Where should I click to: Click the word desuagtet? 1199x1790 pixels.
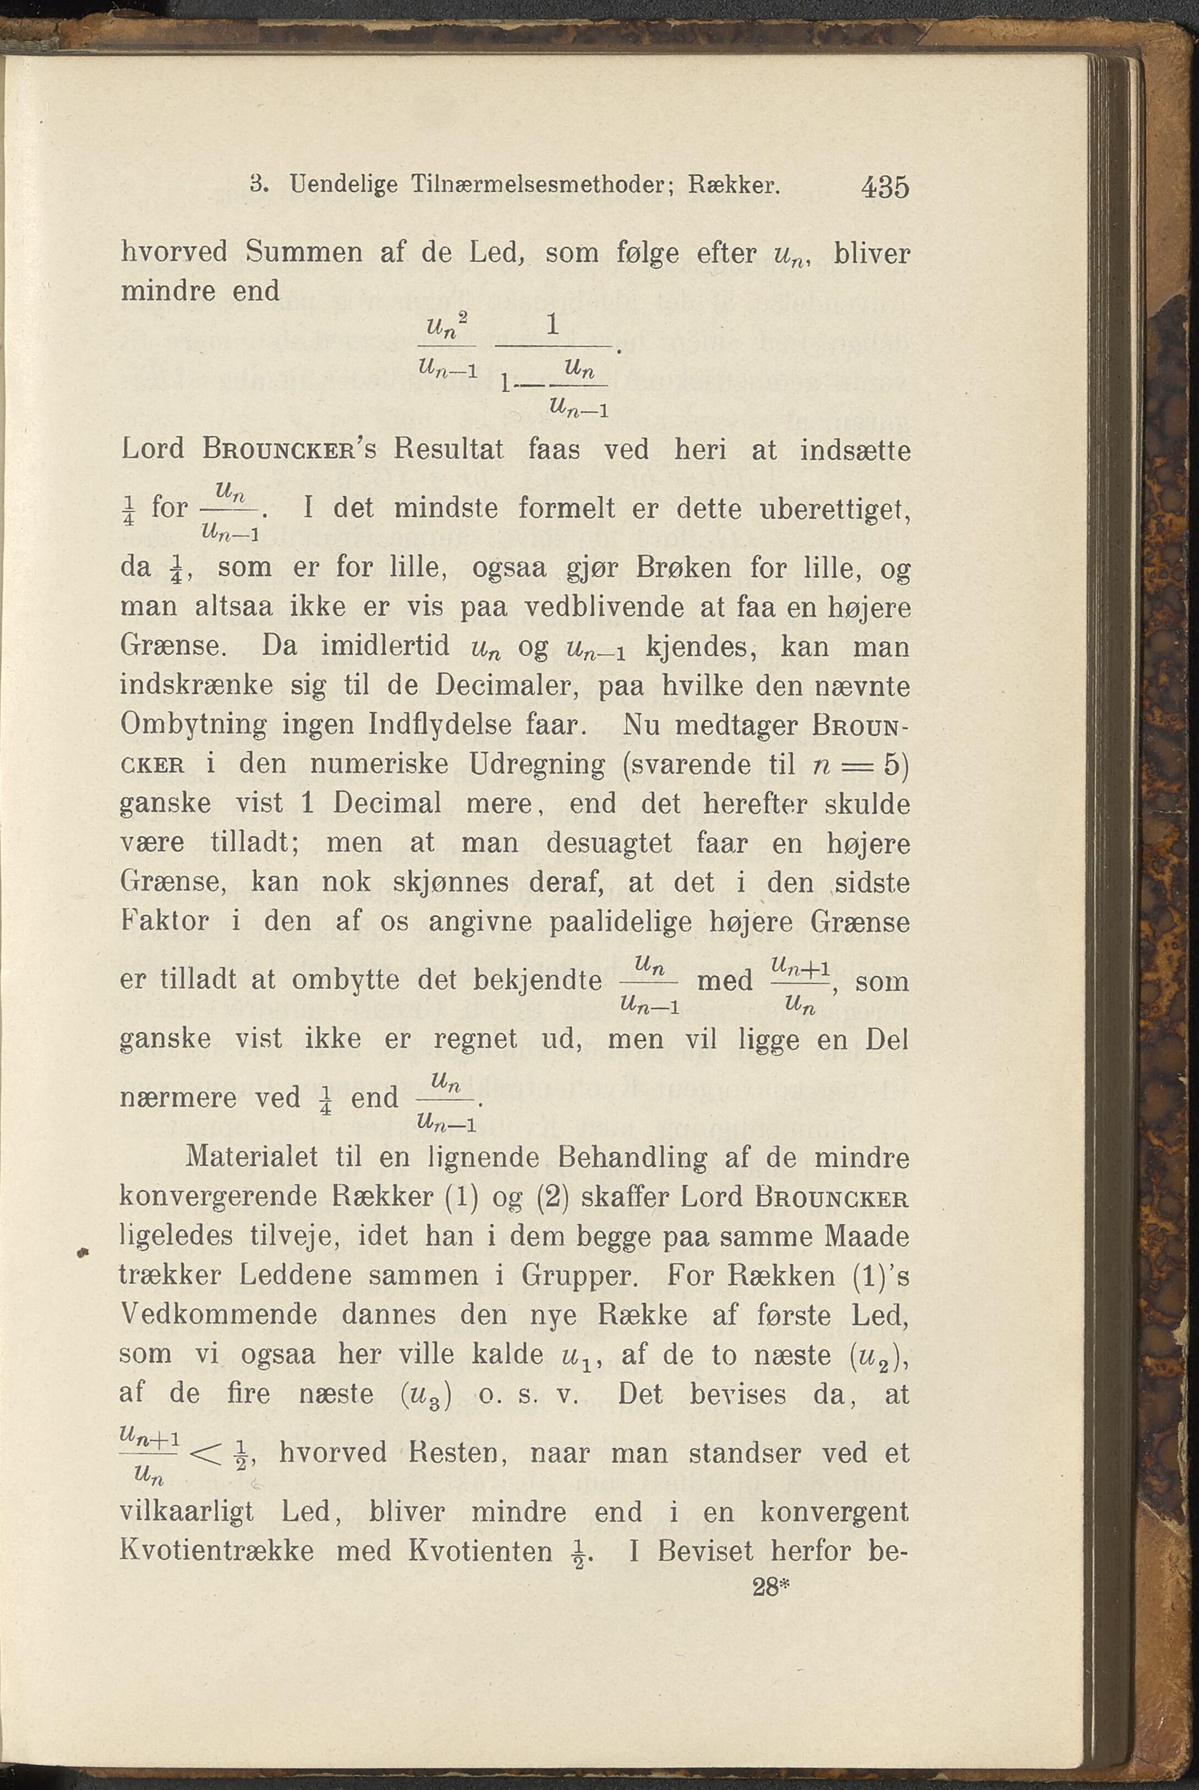click(x=610, y=842)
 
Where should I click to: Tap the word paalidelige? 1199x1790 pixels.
click(x=620, y=921)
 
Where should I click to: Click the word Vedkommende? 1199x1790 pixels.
click(x=220, y=1315)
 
